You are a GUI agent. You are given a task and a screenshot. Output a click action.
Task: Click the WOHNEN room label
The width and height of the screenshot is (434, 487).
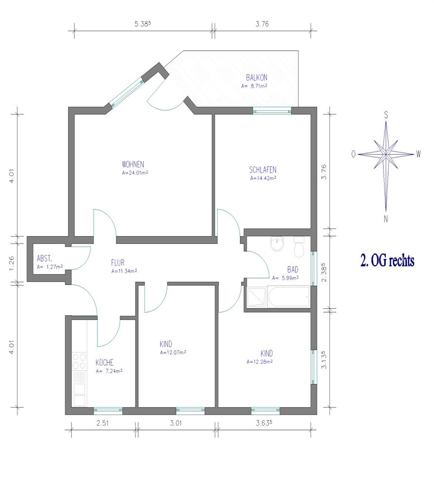(133, 164)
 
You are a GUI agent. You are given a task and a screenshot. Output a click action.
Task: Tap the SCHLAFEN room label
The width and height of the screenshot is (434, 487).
(263, 169)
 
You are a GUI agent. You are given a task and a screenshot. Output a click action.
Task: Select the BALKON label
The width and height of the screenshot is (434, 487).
(256, 77)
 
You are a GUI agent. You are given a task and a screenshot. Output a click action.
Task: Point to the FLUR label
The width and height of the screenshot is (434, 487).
(118, 263)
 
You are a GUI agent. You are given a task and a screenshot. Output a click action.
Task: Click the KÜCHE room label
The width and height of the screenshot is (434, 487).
(105, 362)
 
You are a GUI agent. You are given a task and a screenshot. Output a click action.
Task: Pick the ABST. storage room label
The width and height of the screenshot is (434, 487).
(44, 259)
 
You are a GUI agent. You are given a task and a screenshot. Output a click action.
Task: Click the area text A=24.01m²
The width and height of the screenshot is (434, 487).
(135, 173)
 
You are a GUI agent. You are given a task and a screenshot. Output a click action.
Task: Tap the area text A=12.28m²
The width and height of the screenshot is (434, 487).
(260, 361)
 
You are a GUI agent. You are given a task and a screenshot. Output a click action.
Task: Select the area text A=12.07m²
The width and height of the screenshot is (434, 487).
(173, 352)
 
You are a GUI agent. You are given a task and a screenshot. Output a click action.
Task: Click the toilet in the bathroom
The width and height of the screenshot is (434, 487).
(299, 247)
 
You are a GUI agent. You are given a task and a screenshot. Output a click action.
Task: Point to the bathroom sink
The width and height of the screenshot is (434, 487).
(277, 243)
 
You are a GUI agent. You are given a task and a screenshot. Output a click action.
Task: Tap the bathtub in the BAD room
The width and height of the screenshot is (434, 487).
(289, 297)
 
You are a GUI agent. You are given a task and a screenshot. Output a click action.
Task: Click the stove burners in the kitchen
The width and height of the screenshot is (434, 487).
(79, 361)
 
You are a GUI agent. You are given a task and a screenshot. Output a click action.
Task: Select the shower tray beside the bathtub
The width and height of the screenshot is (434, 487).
(257, 298)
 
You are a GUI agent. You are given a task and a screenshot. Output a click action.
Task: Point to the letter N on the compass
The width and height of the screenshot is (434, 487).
(386, 219)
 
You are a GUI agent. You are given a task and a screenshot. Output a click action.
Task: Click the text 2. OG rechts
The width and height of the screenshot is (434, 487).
(387, 260)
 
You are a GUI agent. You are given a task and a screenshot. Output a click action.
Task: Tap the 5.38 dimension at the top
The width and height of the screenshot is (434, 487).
(143, 24)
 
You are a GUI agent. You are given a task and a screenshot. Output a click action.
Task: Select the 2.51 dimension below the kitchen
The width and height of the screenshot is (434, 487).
(102, 423)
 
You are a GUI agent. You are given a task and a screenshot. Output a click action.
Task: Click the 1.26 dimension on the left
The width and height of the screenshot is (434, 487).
(12, 263)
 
